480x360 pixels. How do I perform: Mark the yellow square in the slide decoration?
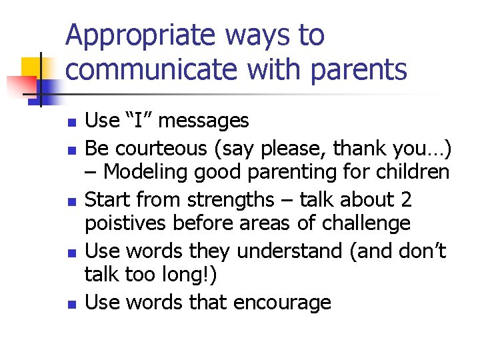click(x=33, y=69)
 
